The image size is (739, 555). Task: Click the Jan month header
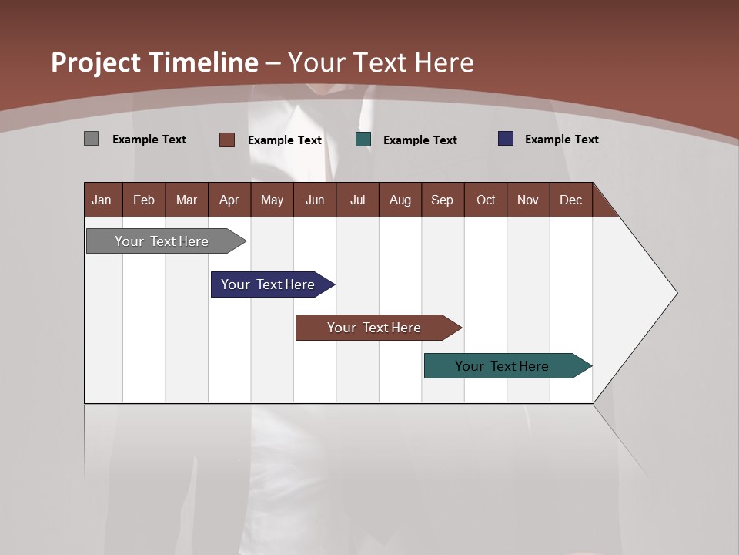point(102,200)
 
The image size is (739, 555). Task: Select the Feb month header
point(144,200)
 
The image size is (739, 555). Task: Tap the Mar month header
point(186,200)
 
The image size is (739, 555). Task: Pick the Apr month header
point(229,200)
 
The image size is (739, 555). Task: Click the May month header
point(272,200)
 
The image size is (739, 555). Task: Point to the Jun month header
point(315,200)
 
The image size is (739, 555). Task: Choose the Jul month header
point(357,200)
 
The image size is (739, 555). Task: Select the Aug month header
point(400,200)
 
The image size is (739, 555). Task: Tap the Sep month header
point(443,200)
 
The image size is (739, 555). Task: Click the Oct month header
point(486,200)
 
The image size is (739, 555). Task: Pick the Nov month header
point(528,200)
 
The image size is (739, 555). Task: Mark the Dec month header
point(571,200)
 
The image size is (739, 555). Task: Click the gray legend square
point(91,139)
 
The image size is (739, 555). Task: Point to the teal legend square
point(363,140)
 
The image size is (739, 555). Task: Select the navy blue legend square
point(506,139)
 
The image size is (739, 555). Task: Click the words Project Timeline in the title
point(155,62)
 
